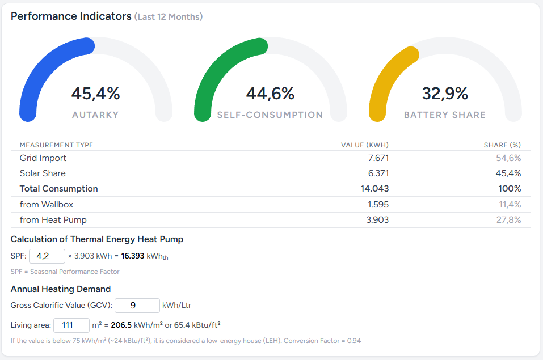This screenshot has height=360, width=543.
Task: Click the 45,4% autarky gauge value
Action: coord(95,94)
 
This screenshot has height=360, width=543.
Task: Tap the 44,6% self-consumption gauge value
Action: coord(270,94)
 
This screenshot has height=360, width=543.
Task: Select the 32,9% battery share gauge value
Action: coord(445,94)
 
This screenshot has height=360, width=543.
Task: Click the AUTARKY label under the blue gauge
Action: coord(95,115)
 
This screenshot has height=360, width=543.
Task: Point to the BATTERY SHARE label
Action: coord(445,115)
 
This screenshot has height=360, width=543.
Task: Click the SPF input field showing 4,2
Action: coord(47,256)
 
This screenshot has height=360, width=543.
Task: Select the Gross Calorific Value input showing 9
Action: coord(137,306)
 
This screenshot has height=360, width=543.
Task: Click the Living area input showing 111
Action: coord(71,325)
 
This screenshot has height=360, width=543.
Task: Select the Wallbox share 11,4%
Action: coord(508,204)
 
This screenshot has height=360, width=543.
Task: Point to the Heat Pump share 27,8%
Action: coord(508,219)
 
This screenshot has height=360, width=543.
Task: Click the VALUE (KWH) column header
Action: coord(364,145)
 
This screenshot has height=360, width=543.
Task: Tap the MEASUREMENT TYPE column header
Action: coord(56,145)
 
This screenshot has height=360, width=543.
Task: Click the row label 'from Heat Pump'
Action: coord(53,219)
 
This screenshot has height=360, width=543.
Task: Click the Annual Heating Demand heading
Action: coord(61,289)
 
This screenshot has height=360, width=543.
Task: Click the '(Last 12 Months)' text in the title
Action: coord(169,17)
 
